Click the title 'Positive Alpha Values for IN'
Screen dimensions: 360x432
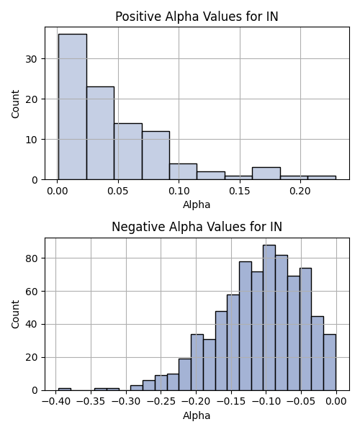(x=197, y=17)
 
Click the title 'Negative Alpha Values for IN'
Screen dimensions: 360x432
(x=197, y=227)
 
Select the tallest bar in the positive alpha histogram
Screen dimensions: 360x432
(x=73, y=107)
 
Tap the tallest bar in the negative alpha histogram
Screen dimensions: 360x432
(x=269, y=318)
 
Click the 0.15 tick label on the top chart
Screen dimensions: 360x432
(x=240, y=191)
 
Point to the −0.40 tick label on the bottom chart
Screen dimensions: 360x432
(x=56, y=402)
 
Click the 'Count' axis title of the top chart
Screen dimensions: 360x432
(x=15, y=104)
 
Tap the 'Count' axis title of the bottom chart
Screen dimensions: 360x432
(x=15, y=314)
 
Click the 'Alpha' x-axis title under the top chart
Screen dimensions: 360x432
(x=197, y=204)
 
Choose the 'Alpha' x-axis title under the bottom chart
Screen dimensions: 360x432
(x=197, y=415)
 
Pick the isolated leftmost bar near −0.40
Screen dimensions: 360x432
(x=65, y=390)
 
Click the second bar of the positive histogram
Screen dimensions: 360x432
(x=101, y=133)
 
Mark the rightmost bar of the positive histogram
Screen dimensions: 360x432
(x=322, y=178)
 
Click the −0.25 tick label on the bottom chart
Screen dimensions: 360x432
(x=161, y=402)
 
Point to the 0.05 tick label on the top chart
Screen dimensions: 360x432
(x=118, y=191)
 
